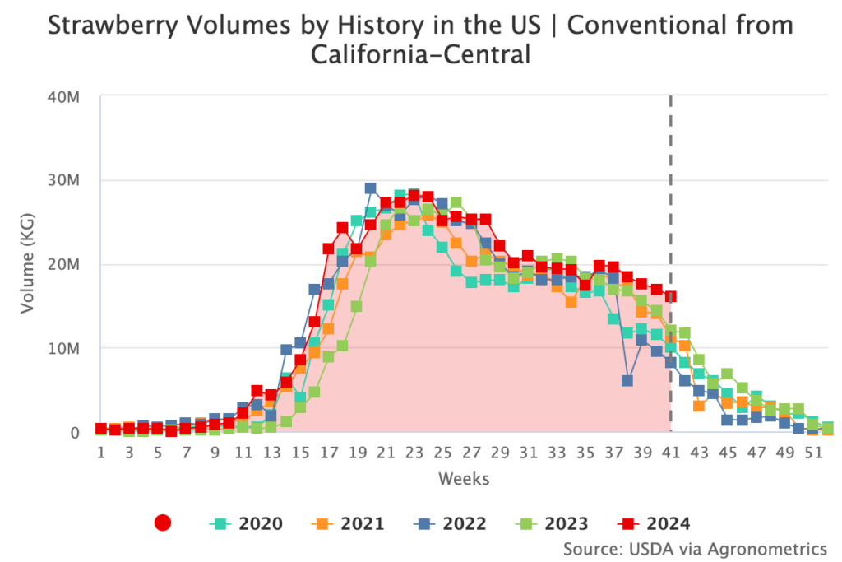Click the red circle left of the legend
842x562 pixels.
[163, 523]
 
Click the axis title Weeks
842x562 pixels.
[464, 478]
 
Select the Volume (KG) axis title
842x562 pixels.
[28, 264]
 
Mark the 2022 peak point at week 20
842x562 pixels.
[371, 188]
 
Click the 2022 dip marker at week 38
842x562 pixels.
[627, 381]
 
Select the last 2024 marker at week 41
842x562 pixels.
[670, 296]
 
